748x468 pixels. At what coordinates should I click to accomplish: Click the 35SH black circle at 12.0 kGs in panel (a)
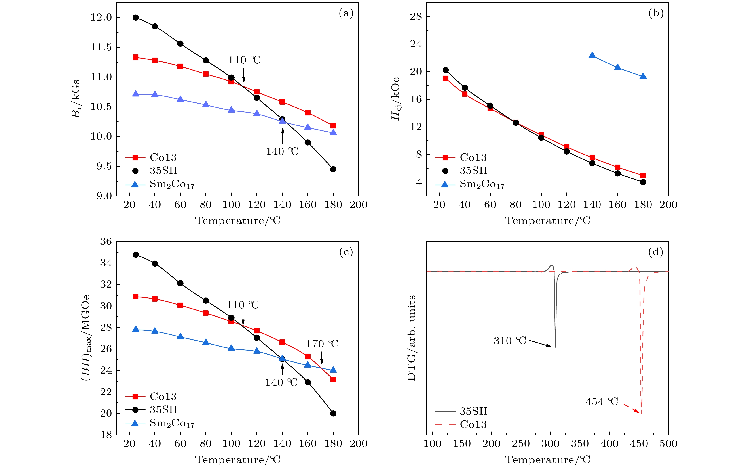pyautogui.click(x=136, y=18)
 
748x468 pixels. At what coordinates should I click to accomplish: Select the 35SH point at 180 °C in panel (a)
pyautogui.click(x=333, y=169)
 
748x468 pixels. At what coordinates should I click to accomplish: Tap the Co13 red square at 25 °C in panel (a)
pyautogui.click(x=136, y=57)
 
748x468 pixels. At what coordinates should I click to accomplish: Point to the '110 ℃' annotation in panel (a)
pyautogui.click(x=244, y=60)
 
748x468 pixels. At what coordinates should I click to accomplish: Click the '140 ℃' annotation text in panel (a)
pyautogui.click(x=282, y=151)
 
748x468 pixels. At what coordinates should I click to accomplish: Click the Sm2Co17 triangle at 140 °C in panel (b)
pyautogui.click(x=592, y=55)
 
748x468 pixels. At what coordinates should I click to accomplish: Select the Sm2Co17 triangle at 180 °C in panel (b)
pyautogui.click(x=643, y=76)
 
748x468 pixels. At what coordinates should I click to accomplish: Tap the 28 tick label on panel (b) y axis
pyautogui.click(x=416, y=16)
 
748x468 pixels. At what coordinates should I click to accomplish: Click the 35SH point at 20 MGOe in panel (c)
pyautogui.click(x=333, y=414)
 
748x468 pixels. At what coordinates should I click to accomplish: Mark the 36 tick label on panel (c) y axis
pyautogui.click(x=106, y=242)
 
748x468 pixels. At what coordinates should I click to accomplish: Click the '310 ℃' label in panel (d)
pyautogui.click(x=510, y=341)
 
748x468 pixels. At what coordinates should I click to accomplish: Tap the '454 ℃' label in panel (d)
pyautogui.click(x=602, y=402)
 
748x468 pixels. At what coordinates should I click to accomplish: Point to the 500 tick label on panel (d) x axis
pyautogui.click(x=668, y=443)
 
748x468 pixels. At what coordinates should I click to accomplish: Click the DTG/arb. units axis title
pyautogui.click(x=411, y=338)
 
